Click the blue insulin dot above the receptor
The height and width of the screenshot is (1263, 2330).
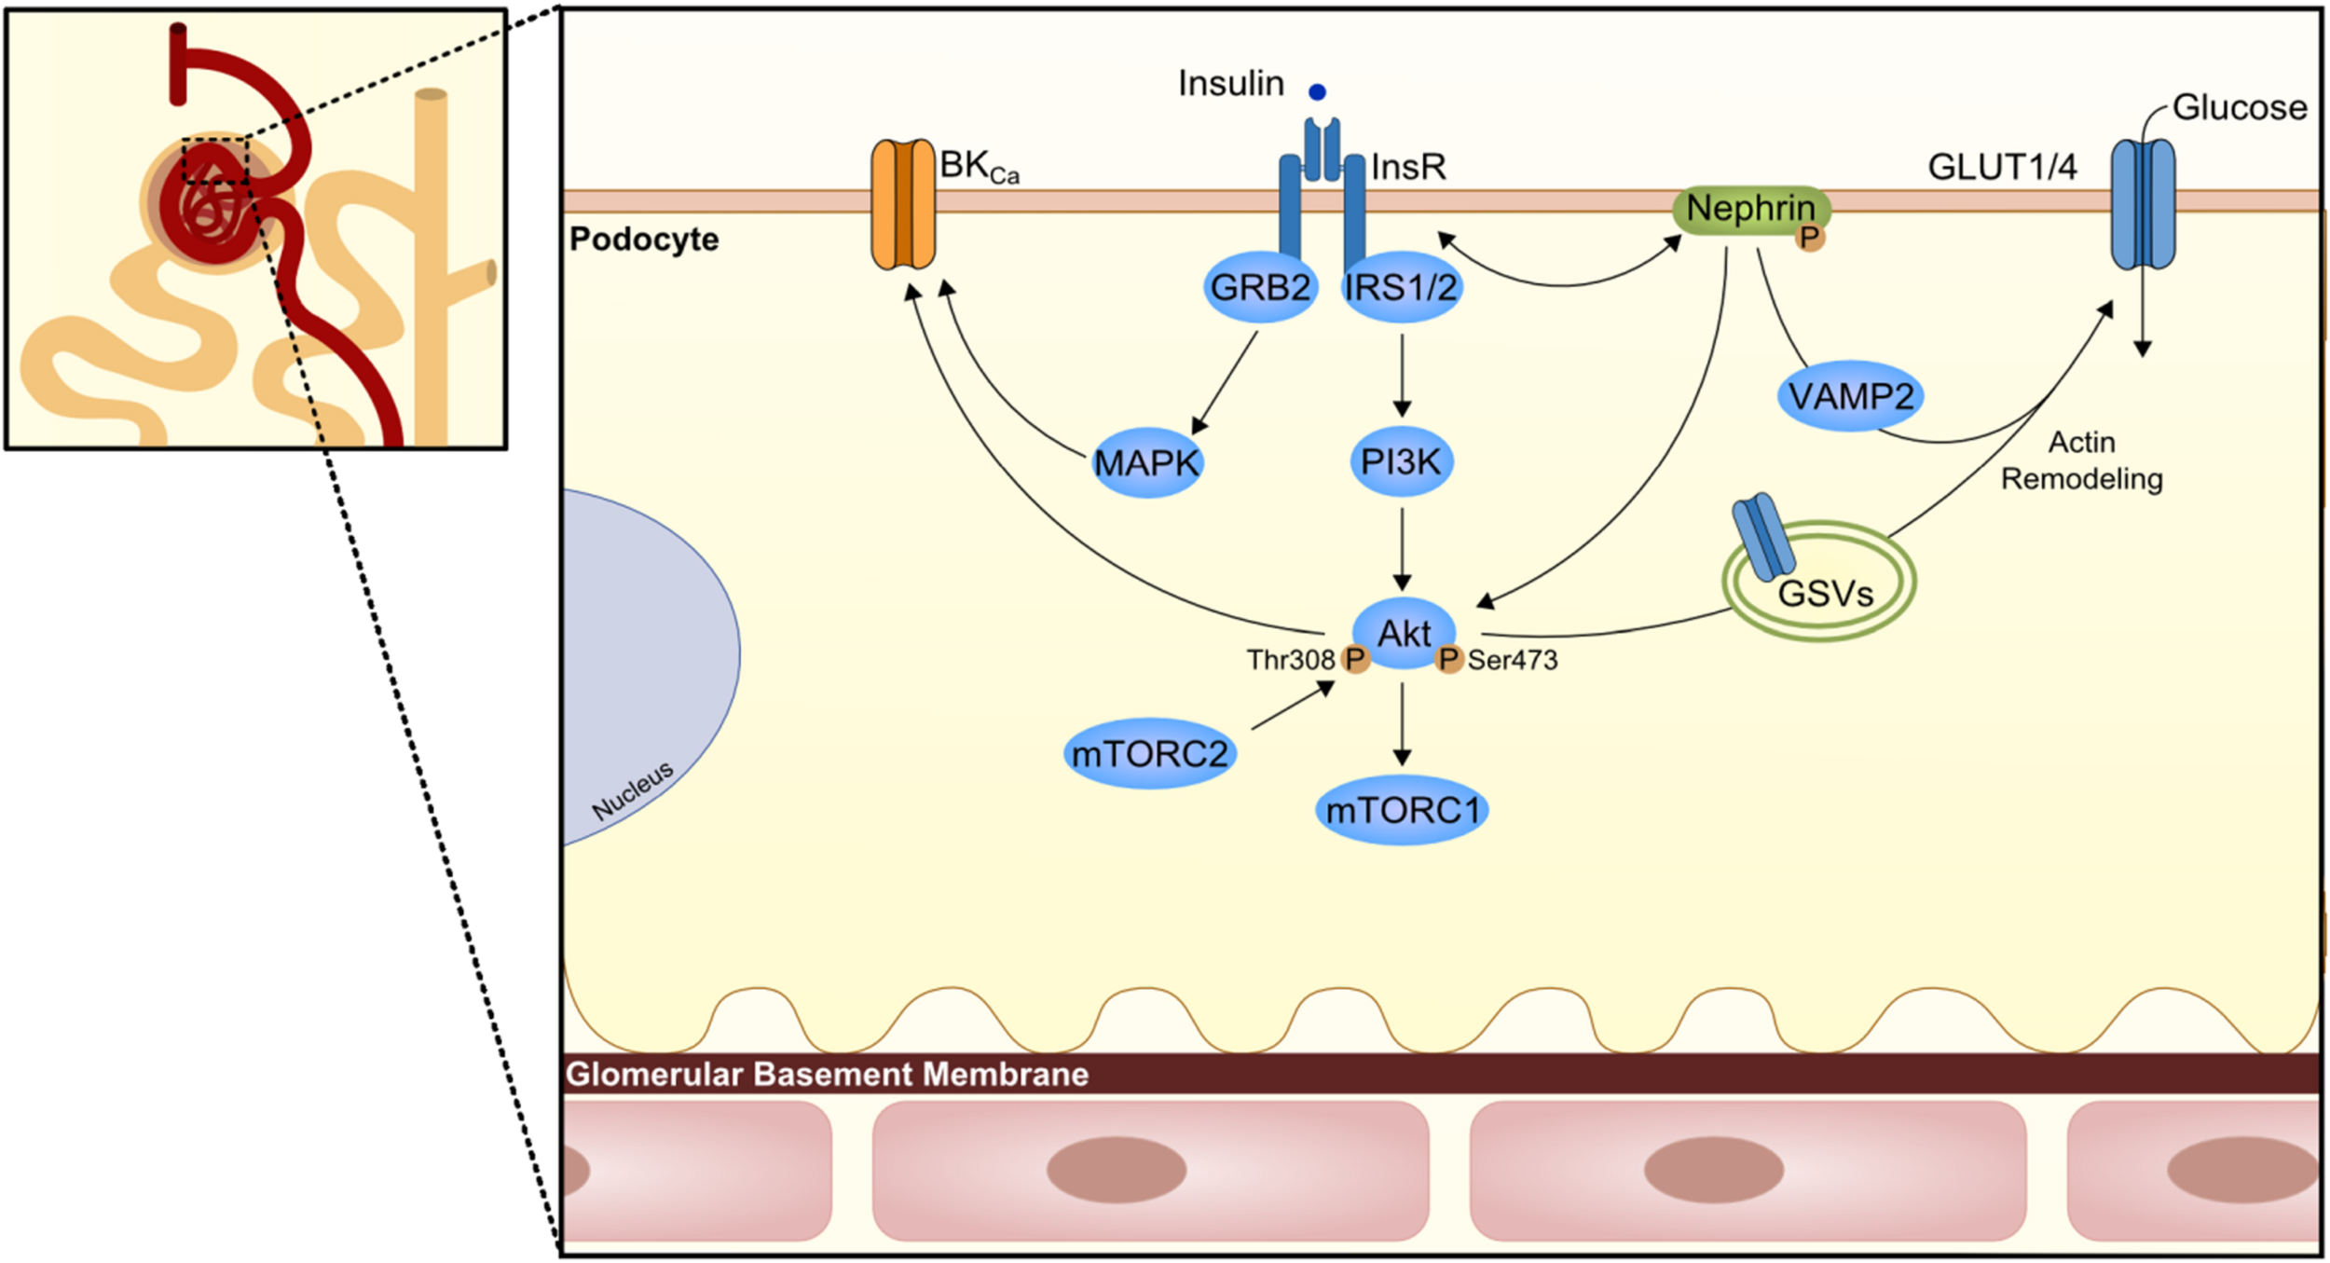1317,92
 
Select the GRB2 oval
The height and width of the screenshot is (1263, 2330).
1260,287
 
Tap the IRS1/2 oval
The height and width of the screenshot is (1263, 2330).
1401,287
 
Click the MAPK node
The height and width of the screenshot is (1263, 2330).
1146,462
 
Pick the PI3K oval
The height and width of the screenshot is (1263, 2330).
1401,461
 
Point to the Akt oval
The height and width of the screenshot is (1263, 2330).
1404,633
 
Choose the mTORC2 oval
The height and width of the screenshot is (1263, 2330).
1149,753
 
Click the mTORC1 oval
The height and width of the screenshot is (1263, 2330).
1402,810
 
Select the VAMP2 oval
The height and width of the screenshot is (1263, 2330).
1850,396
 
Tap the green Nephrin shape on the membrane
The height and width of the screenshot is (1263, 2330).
1749,208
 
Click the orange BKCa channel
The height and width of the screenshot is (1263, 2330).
902,204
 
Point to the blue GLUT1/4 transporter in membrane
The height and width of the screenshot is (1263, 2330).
2142,204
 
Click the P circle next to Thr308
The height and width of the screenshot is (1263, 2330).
1354,660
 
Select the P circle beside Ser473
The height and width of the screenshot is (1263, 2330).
1447,660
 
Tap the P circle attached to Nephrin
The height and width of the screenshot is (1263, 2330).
1809,239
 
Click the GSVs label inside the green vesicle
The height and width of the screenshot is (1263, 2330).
1825,594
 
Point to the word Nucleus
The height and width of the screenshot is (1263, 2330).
633,791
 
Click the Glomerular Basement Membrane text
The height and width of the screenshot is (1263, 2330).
827,1074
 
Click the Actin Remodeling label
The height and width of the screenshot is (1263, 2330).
2081,460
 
